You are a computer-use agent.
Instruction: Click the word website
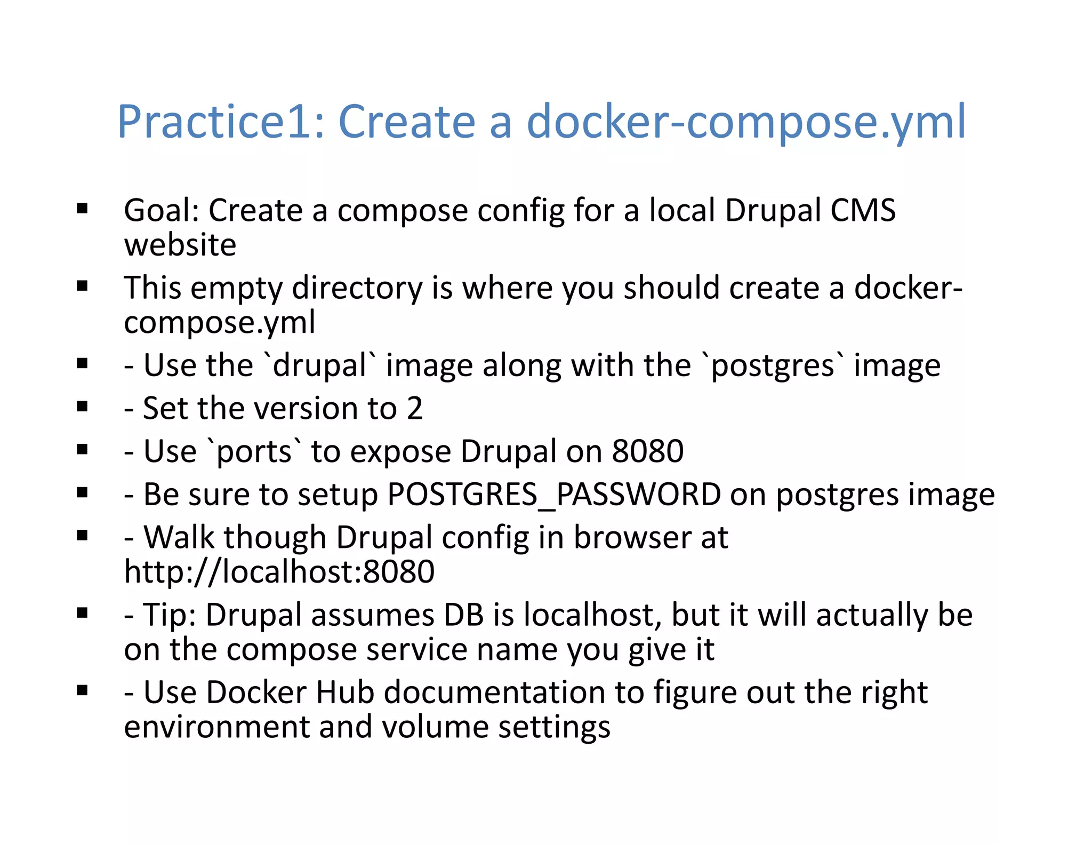[180, 245]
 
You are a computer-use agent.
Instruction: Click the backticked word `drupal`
[319, 366]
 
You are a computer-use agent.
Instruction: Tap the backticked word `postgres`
[772, 366]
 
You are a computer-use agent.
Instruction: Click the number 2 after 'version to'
[414, 409]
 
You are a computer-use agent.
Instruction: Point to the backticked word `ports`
[254, 452]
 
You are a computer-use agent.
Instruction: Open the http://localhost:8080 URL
[279, 572]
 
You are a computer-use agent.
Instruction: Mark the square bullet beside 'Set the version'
[82, 408]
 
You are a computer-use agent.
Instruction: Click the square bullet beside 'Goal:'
[82, 209]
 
